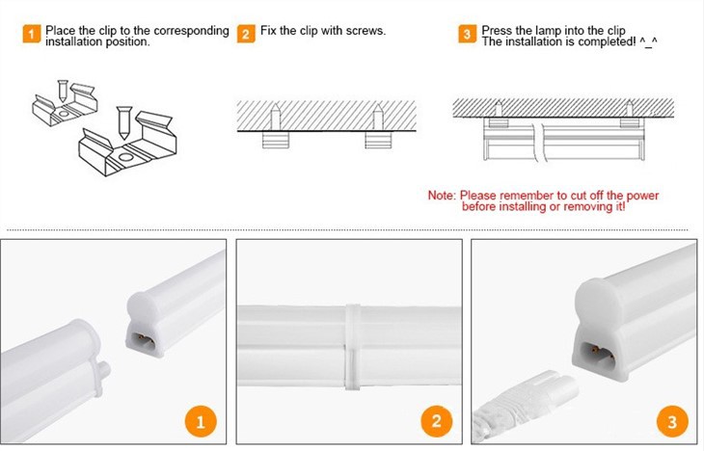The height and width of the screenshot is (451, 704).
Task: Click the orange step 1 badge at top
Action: [x=32, y=36]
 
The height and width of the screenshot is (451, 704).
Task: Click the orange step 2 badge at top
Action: [x=247, y=36]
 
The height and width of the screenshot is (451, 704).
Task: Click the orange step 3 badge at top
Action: [x=468, y=36]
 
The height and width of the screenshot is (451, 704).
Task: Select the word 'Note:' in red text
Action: [x=442, y=196]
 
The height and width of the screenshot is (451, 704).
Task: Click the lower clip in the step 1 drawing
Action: [x=125, y=146]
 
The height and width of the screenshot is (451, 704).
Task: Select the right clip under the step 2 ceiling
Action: [x=377, y=140]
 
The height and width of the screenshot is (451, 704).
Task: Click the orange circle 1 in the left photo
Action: [x=201, y=421]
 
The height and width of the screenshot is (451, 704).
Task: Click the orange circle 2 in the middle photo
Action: [x=436, y=421]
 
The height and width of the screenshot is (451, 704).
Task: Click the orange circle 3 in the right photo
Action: [x=671, y=421]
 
